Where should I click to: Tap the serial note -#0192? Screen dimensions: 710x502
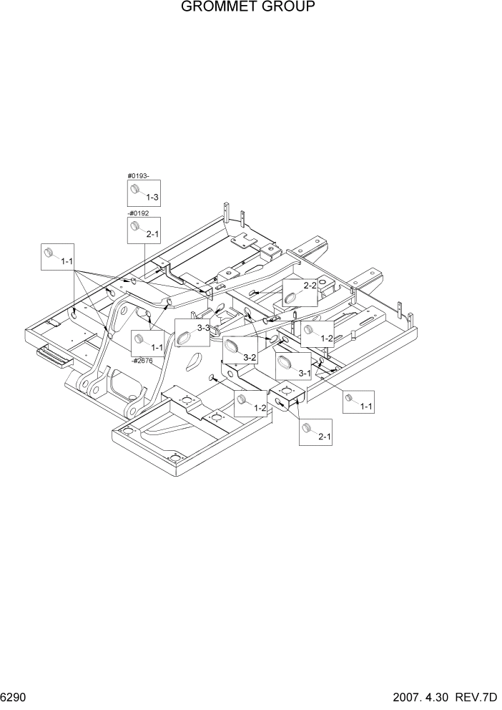(x=137, y=213)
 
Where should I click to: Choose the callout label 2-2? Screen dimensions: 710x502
(x=310, y=286)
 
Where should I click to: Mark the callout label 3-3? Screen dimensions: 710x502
(x=203, y=328)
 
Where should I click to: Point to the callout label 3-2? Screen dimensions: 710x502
(x=250, y=356)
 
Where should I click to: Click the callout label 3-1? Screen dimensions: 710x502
(x=304, y=373)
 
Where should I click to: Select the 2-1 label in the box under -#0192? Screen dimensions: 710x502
(x=152, y=233)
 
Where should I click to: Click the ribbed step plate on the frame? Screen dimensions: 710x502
(x=53, y=352)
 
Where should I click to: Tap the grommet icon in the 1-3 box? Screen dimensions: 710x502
(x=134, y=188)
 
